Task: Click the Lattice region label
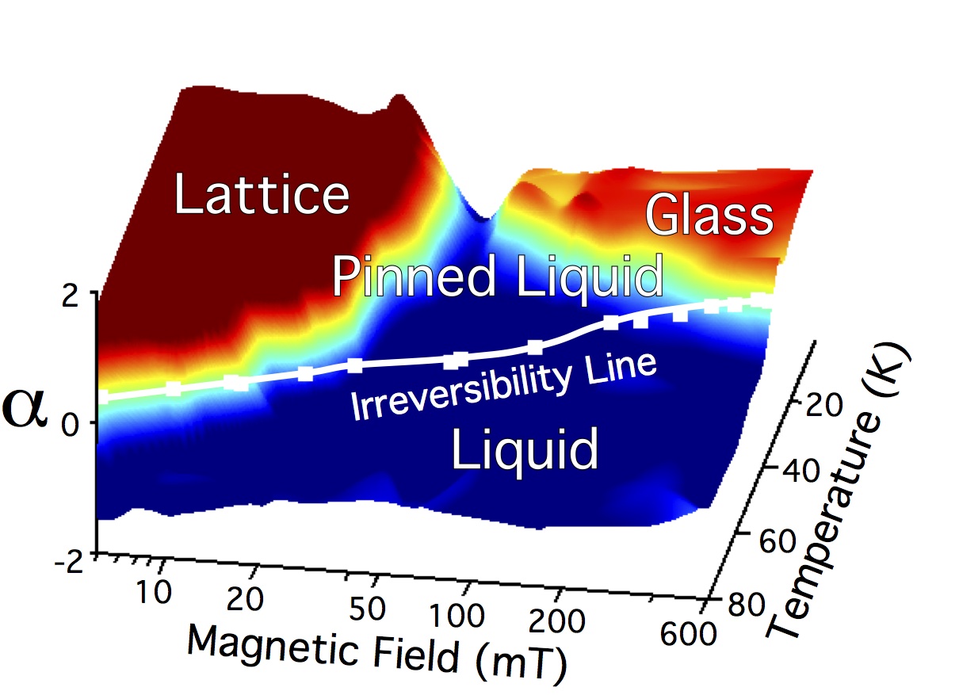262,194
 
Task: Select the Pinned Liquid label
497,277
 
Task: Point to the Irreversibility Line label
504,386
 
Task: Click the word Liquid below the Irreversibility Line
524,449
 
